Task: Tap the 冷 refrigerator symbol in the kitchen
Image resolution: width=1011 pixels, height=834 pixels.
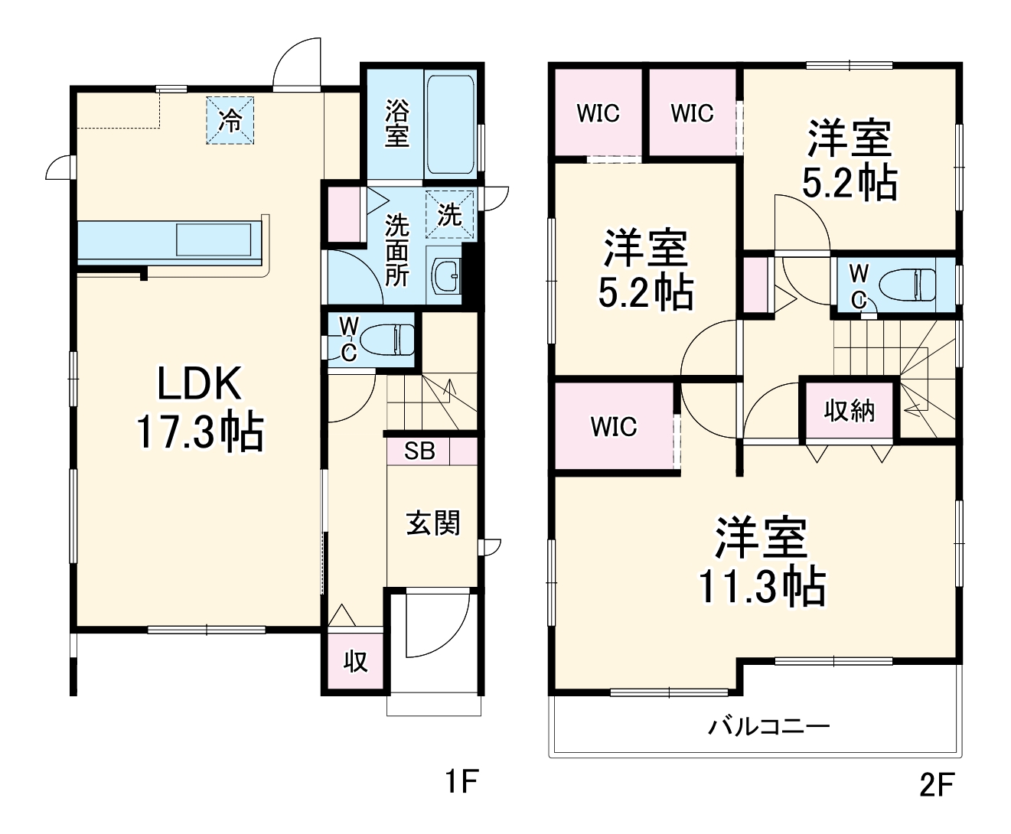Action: pyautogui.click(x=230, y=120)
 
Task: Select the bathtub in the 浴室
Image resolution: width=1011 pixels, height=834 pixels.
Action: pyautogui.click(x=451, y=124)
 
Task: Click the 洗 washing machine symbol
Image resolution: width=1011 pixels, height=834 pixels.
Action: pyautogui.click(x=449, y=214)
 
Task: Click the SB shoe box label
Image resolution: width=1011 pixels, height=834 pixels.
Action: pyautogui.click(x=419, y=451)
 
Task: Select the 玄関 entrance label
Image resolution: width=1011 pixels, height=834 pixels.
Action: pyautogui.click(x=432, y=523)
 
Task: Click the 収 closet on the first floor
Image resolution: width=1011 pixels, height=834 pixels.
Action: pyautogui.click(x=355, y=660)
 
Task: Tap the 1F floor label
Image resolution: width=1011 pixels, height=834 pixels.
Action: pyautogui.click(x=461, y=782)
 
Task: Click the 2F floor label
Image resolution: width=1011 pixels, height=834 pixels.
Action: pyautogui.click(x=937, y=785)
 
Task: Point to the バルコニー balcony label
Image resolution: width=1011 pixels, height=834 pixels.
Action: pyautogui.click(x=768, y=725)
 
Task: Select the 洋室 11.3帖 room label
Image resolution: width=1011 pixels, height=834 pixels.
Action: pyautogui.click(x=761, y=562)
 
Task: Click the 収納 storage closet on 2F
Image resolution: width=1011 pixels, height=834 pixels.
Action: pyautogui.click(x=849, y=411)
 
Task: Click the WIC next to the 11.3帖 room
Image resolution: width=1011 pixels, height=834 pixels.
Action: pyautogui.click(x=614, y=426)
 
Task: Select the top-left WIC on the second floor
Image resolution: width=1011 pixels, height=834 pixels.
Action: pyautogui.click(x=598, y=113)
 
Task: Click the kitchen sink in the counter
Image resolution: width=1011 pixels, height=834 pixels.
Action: pyautogui.click(x=214, y=239)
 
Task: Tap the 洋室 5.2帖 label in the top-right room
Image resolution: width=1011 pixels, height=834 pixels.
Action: pyautogui.click(x=850, y=160)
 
